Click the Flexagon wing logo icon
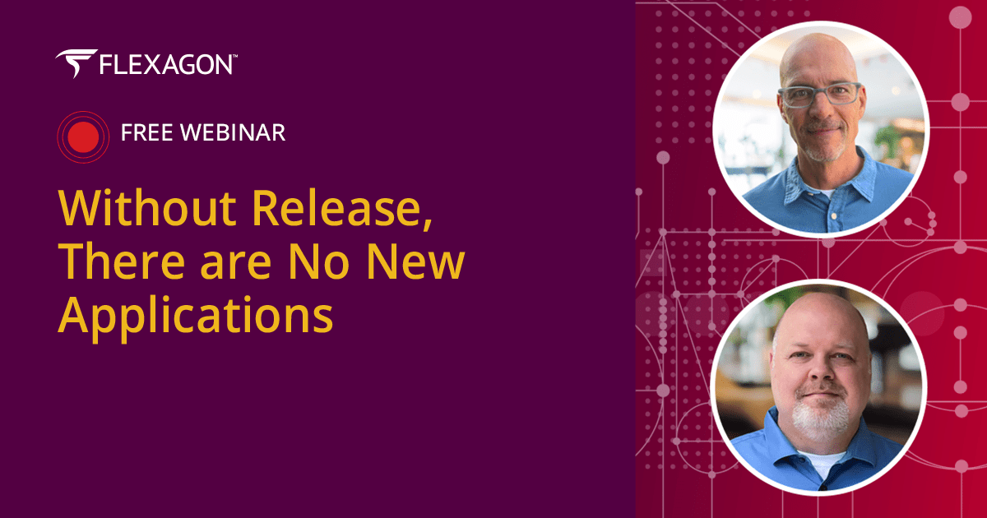coord(76,63)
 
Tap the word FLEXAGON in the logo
coord(164,65)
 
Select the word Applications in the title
coord(196,315)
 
